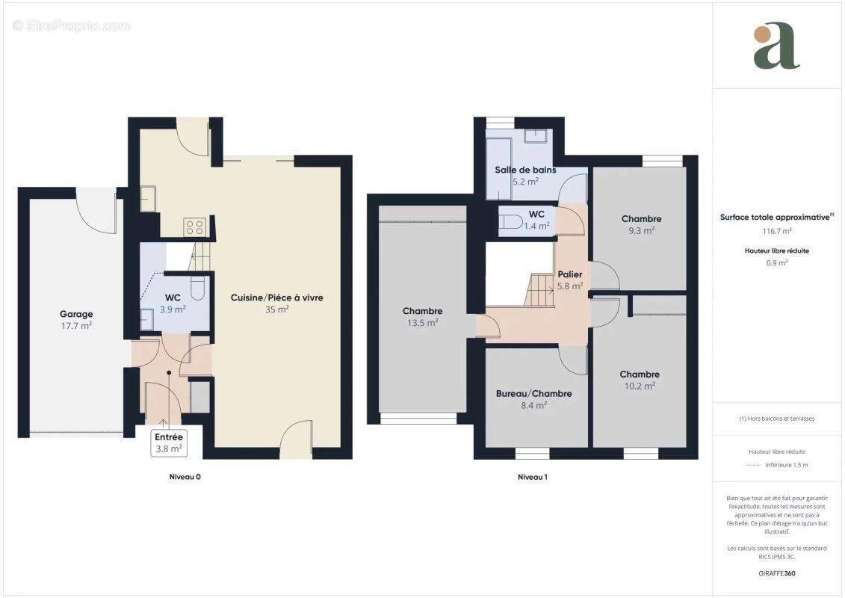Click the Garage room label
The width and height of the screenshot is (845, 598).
(76, 314)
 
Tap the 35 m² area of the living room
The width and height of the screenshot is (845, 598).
(277, 309)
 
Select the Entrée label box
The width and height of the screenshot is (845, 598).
(169, 443)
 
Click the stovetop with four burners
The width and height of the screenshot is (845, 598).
(194, 226)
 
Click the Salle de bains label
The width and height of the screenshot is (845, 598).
(525, 170)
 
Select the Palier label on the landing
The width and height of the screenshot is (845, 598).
(569, 274)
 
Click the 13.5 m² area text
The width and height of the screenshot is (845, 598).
(423, 322)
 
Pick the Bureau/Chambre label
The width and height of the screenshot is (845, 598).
(533, 394)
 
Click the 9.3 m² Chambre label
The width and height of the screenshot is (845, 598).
(641, 219)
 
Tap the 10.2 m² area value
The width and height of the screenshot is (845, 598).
(640, 386)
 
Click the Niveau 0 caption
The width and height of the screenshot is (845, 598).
(185, 477)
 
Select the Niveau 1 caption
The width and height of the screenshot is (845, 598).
(533, 477)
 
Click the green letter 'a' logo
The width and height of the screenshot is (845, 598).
(776, 46)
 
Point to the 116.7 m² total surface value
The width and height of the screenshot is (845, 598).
(776, 231)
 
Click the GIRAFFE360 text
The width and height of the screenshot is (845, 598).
(776, 573)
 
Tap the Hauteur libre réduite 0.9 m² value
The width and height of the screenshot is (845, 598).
(776, 262)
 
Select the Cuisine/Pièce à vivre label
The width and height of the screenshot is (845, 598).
(277, 298)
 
